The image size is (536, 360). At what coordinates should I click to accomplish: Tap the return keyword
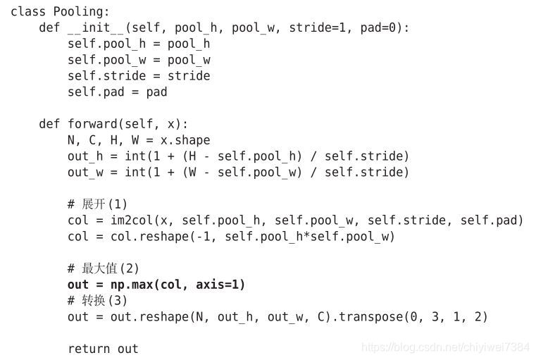coord(89,349)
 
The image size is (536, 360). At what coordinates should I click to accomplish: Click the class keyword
coord(28,11)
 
